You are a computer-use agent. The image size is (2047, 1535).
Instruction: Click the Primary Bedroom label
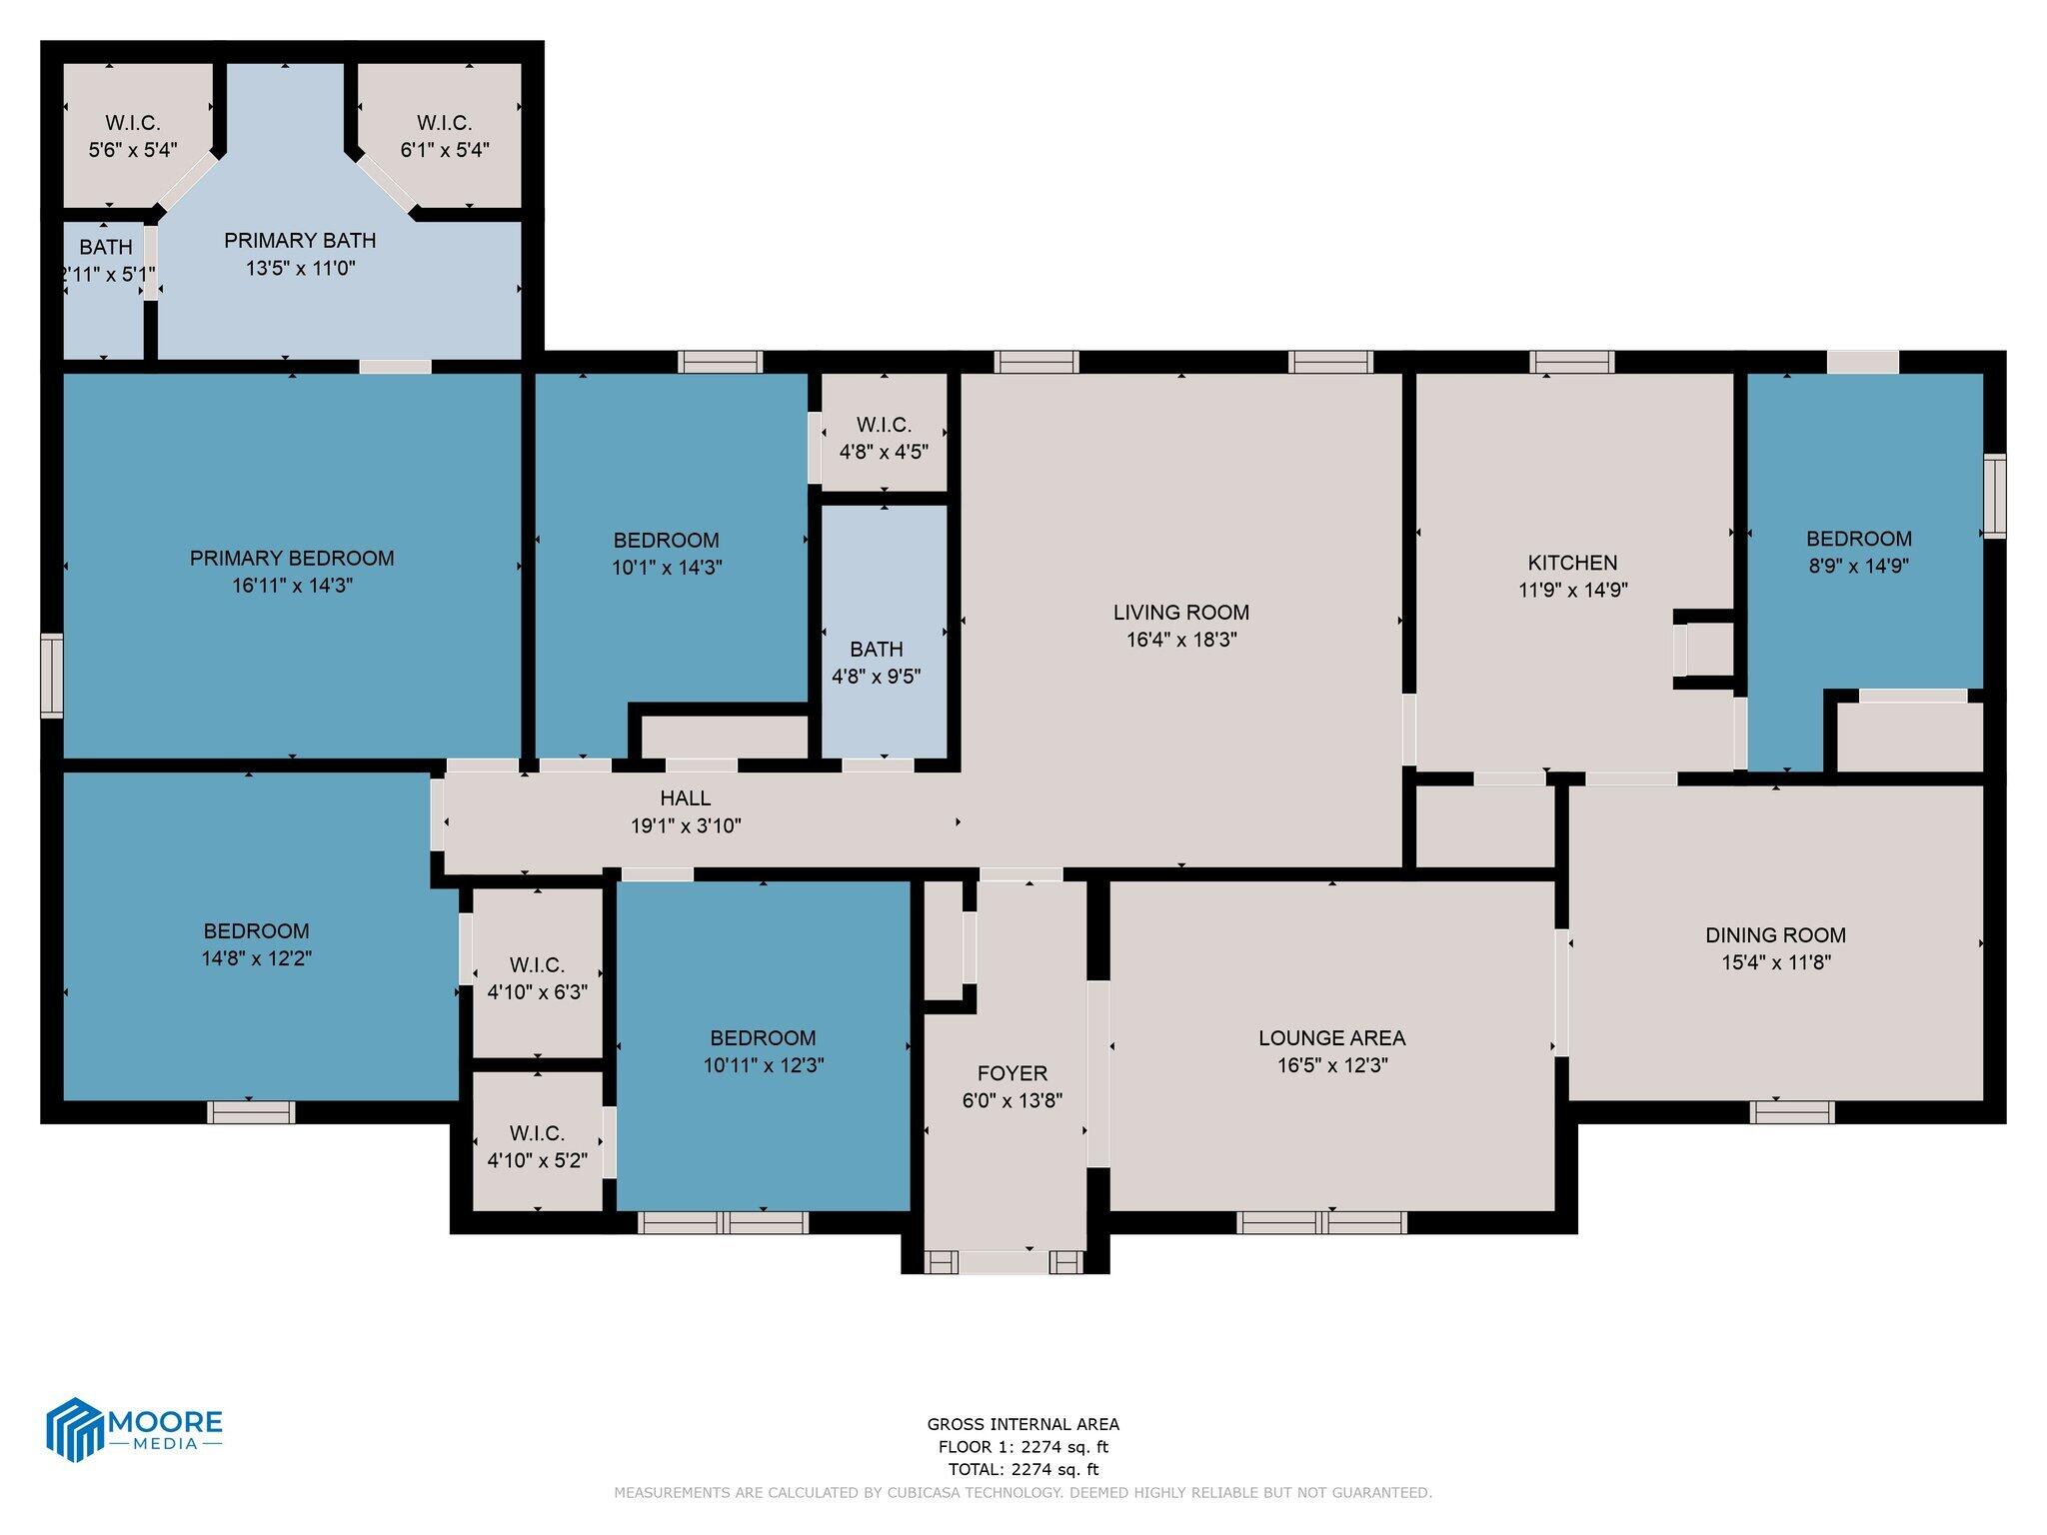click(x=292, y=558)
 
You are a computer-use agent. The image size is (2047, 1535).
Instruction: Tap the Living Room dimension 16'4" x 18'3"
click(x=1181, y=640)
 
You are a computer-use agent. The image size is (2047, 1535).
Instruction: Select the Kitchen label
click(x=1572, y=563)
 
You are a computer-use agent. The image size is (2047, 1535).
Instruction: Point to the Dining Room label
click(x=1775, y=935)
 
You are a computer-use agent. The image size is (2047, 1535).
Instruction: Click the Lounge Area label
click(x=1331, y=1038)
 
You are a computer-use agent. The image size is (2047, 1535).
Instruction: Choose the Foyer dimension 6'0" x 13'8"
click(x=1012, y=1100)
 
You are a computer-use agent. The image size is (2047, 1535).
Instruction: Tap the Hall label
click(x=685, y=797)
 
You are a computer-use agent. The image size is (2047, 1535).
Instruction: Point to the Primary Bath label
click(x=300, y=240)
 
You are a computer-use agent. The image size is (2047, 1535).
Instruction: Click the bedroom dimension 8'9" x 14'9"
click(x=1858, y=566)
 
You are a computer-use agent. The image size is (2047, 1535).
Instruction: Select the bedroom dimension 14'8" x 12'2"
click(x=256, y=958)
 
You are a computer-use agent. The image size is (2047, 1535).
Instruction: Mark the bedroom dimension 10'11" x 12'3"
click(x=763, y=1065)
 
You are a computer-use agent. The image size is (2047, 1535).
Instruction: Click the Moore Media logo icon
click(x=75, y=1429)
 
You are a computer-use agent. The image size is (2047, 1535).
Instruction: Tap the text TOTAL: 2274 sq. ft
click(x=1023, y=1469)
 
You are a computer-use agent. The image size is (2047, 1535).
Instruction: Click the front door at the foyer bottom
click(x=1005, y=1262)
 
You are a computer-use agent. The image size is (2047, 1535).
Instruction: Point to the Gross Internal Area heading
click(x=1023, y=1424)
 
